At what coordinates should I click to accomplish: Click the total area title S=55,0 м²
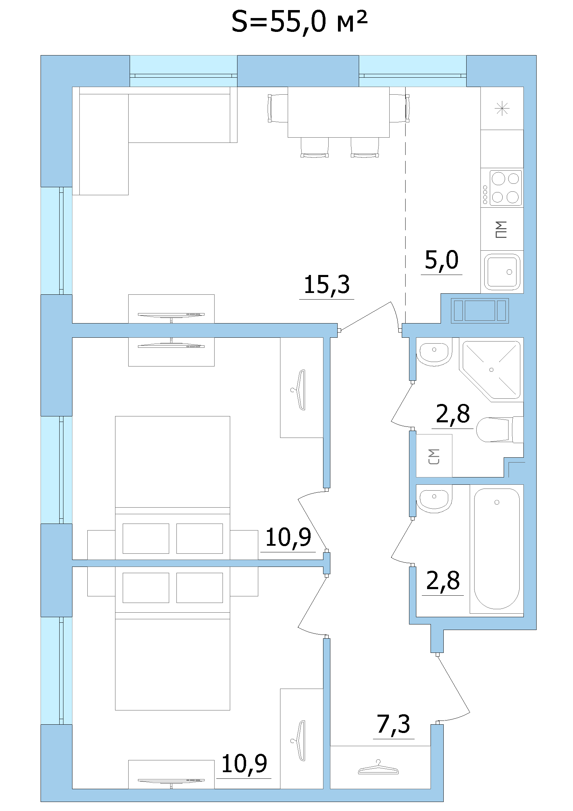[299, 22]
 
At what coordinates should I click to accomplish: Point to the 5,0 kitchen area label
[442, 260]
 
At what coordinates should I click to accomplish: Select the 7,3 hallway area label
[393, 724]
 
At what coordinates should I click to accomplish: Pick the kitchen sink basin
[502, 271]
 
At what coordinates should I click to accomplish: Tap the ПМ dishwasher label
[501, 229]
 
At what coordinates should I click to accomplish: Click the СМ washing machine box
[434, 456]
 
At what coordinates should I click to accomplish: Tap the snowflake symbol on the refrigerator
[502, 108]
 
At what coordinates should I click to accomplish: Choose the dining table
[339, 112]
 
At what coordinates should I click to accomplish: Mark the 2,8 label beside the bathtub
[443, 580]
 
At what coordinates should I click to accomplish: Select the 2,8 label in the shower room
[453, 414]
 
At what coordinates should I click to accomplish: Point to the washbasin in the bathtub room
[433, 498]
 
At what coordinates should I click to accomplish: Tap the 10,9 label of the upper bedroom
[288, 537]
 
